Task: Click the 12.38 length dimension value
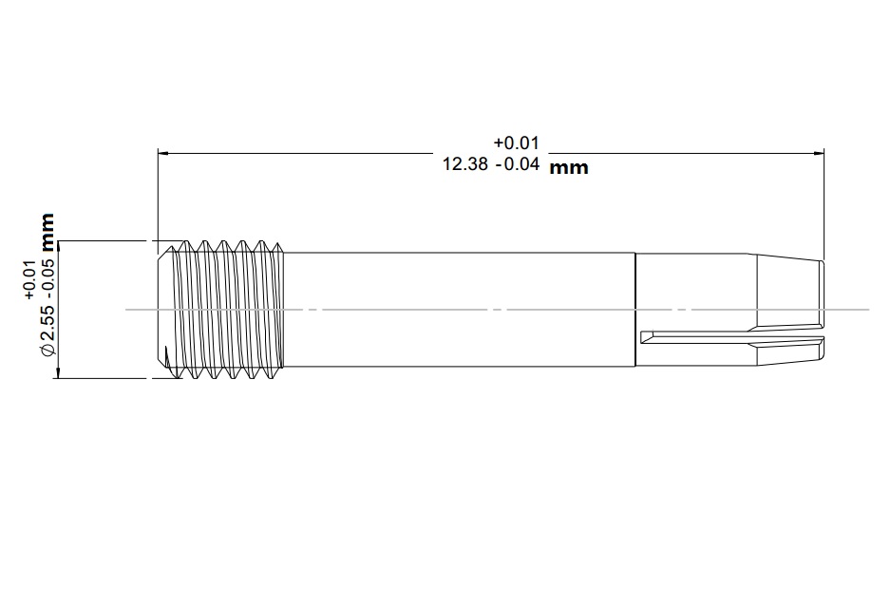[x=465, y=163]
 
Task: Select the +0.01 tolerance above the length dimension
[x=516, y=142]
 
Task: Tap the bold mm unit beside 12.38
[x=569, y=168]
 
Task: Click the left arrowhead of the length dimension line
[x=163, y=152]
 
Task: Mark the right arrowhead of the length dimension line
[x=818, y=152]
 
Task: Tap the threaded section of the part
[x=228, y=309]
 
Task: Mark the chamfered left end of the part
[x=161, y=309]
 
